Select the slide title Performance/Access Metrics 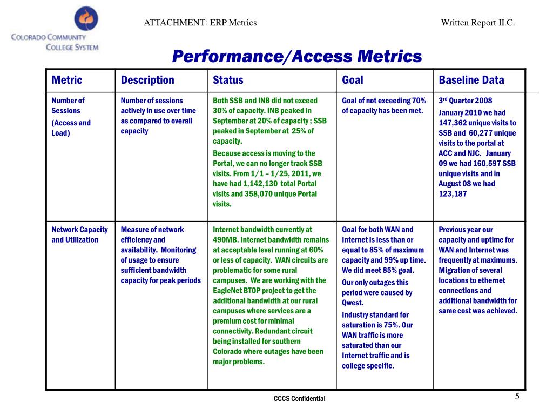point(296,56)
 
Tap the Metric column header point(67,81)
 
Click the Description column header point(147,81)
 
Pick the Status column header point(228,81)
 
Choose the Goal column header point(353,81)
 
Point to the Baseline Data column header point(471,81)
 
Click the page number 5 point(517,397)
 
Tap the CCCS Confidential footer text point(299,399)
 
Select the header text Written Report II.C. point(478,23)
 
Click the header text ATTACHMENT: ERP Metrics point(200,23)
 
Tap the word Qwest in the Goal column point(353,303)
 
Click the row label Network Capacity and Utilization point(79,235)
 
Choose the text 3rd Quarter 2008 point(465,101)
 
